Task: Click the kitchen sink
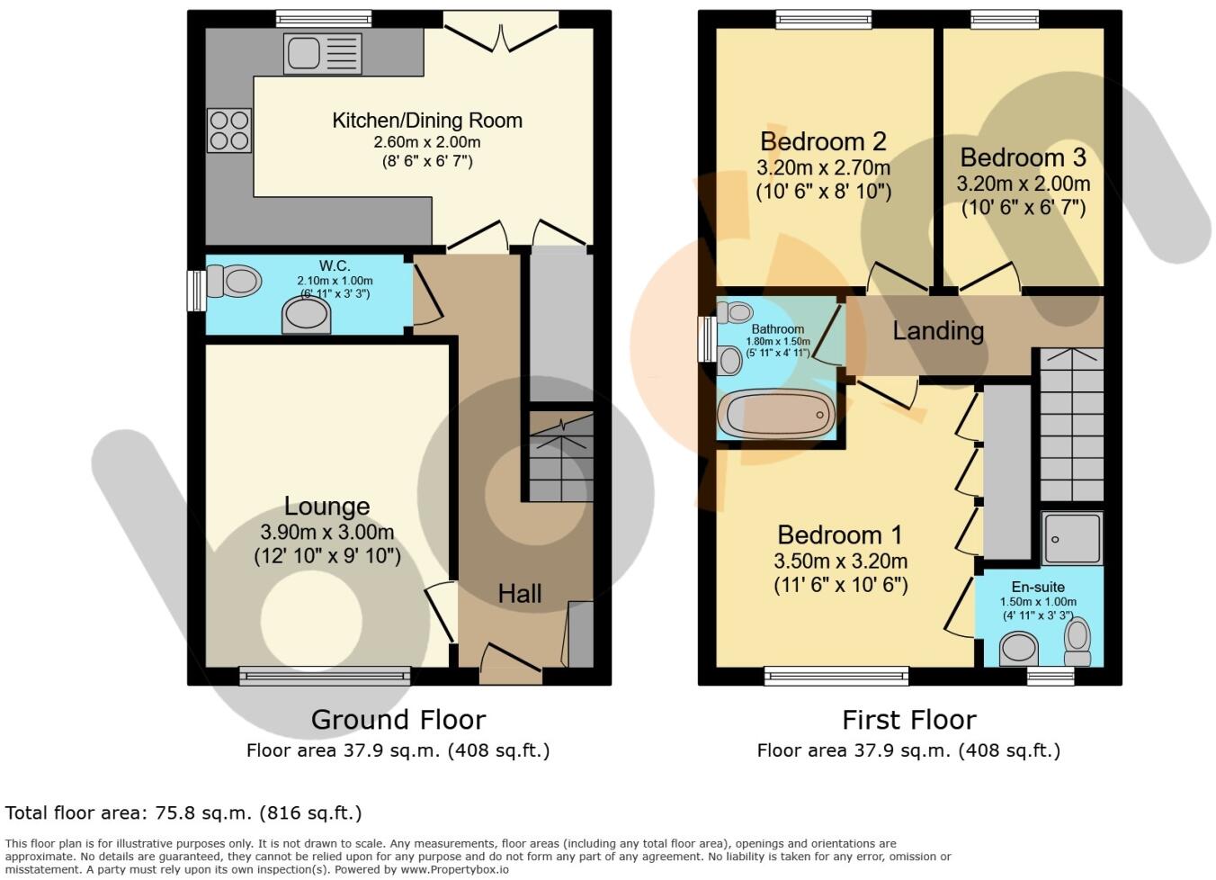tap(322, 53)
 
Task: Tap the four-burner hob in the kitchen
tap(229, 130)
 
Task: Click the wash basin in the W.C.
tap(306, 315)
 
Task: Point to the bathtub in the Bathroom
tap(776, 415)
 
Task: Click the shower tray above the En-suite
tap(1072, 538)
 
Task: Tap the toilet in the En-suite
tap(1077, 639)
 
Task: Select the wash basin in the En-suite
tap(1019, 647)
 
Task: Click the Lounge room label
tap(326, 507)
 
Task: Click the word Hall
tap(520, 594)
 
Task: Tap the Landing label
tap(937, 331)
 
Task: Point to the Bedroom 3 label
tap(1023, 158)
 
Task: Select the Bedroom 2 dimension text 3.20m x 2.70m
tap(823, 167)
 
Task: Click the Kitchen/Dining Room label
tap(427, 121)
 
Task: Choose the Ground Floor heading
tap(398, 720)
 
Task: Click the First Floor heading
tap(908, 720)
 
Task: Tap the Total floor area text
tap(183, 813)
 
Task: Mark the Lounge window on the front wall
tap(325, 675)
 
